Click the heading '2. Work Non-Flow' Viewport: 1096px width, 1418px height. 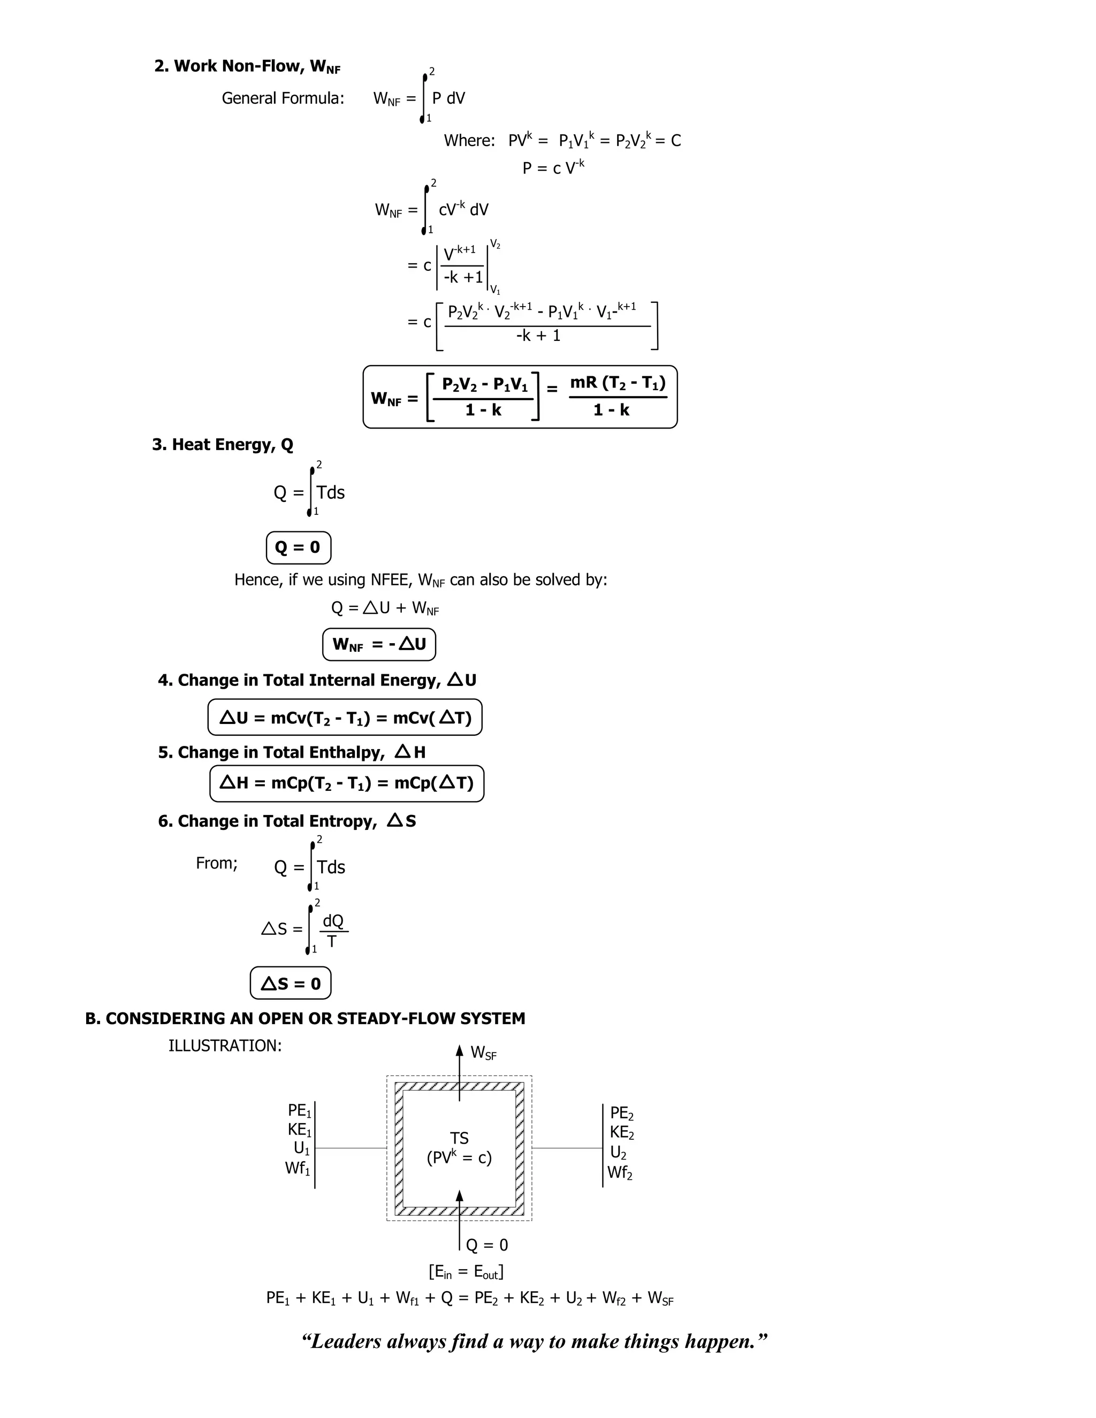click(x=247, y=66)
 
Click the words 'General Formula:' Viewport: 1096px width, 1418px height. click(x=283, y=98)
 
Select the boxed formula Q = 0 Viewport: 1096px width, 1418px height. click(x=298, y=547)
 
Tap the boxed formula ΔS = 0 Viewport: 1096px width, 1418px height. click(x=290, y=984)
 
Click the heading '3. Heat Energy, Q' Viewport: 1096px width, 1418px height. click(x=223, y=445)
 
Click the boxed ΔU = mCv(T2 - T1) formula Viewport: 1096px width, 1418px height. click(x=345, y=718)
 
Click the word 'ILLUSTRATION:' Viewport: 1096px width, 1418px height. click(x=225, y=1046)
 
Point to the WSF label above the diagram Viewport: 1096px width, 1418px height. click(x=483, y=1053)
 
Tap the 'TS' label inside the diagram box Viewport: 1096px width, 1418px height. click(x=459, y=1138)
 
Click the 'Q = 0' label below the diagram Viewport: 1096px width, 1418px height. click(x=487, y=1245)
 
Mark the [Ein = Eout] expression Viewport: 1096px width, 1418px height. click(x=466, y=1271)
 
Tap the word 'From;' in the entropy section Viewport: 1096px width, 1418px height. click(x=217, y=863)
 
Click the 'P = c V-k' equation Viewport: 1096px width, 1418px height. click(x=553, y=167)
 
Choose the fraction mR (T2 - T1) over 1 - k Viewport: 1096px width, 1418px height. click(x=618, y=396)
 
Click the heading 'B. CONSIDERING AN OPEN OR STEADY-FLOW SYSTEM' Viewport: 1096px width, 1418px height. click(x=305, y=1019)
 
